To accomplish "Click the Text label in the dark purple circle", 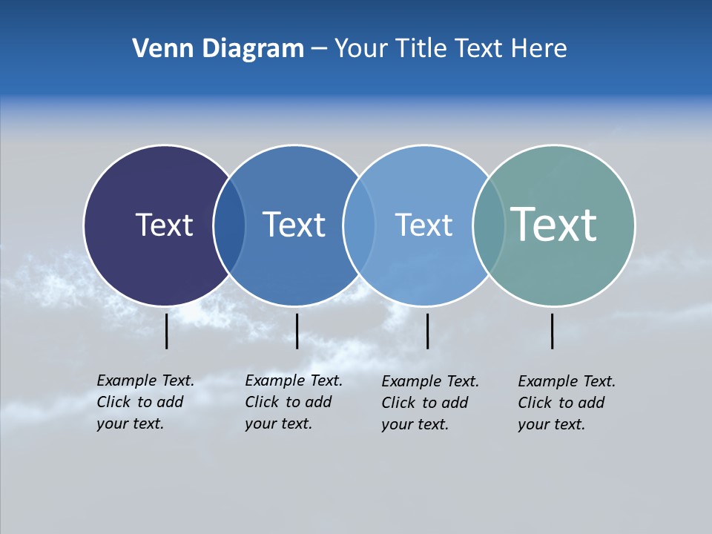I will tap(164, 225).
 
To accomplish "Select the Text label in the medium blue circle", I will tap(294, 225).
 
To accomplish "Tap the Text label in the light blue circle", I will tap(423, 225).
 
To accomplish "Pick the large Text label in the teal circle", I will tap(553, 224).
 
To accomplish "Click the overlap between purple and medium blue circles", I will tap(229, 225).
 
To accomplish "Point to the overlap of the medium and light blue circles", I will tap(359, 225).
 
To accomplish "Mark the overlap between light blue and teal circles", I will tap(488, 225).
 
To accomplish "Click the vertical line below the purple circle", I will tap(167, 331).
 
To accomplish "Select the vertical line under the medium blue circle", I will tap(297, 331).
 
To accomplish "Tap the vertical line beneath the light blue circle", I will tap(427, 331).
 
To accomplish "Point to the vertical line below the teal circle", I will tap(553, 331).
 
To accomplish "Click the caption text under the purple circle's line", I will tap(145, 402).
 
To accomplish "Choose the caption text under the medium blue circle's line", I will tap(294, 402).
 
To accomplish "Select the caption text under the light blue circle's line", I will tap(430, 403).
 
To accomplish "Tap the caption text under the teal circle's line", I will tap(567, 403).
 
